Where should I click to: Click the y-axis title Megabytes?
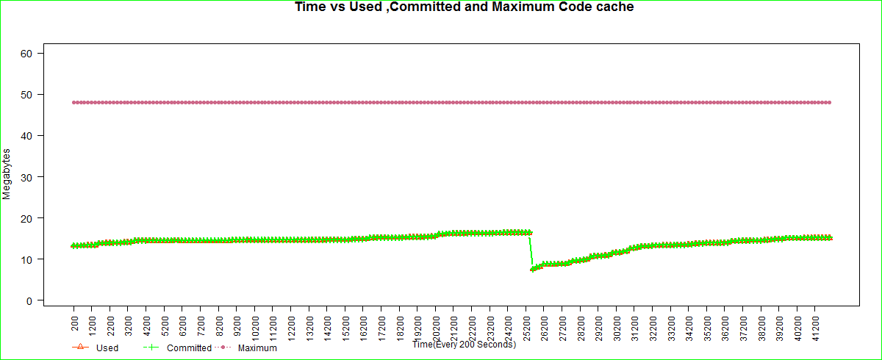[x=7, y=174]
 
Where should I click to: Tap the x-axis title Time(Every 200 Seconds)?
[x=464, y=344]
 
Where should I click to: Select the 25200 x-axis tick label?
[x=527, y=324]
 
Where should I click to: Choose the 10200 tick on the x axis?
[x=255, y=324]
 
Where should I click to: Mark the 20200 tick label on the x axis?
[x=437, y=324]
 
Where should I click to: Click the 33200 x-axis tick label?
[x=672, y=324]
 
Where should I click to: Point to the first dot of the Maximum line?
[x=73, y=102]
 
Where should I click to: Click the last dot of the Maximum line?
[x=830, y=102]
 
